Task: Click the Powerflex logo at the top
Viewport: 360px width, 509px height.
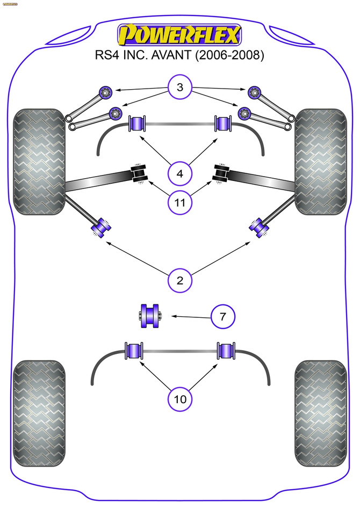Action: point(180,35)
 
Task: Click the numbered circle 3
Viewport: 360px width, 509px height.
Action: point(180,88)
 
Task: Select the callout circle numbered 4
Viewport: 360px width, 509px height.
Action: point(180,173)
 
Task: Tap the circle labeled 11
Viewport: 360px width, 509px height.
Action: point(180,202)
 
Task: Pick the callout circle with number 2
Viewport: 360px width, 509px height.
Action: point(180,279)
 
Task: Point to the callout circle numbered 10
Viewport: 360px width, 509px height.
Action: point(180,398)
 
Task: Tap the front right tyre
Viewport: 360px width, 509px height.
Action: point(320,162)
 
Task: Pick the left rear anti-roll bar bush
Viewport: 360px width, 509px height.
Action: point(134,351)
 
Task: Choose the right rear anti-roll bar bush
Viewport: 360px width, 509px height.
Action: point(226,351)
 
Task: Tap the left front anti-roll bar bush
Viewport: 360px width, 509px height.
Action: point(138,123)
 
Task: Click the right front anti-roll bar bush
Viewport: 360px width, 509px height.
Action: point(222,123)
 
